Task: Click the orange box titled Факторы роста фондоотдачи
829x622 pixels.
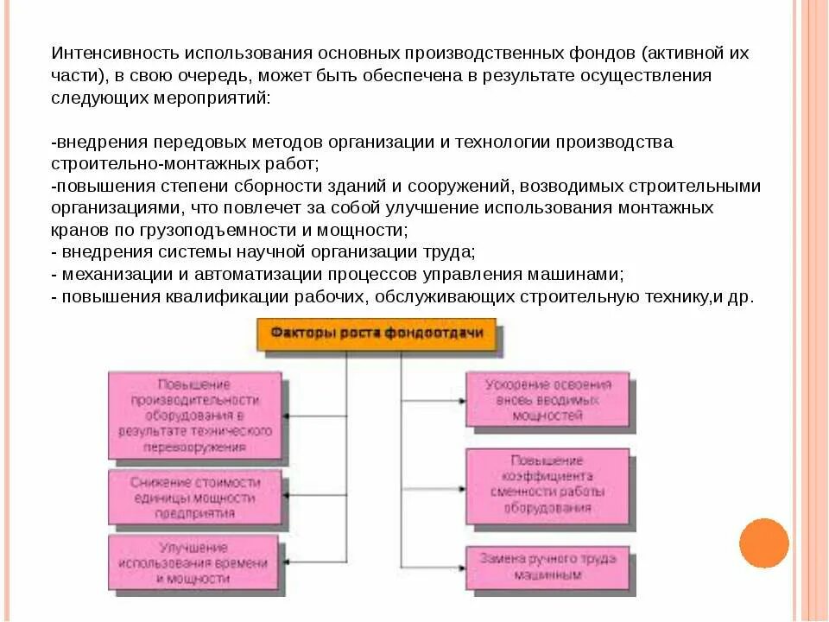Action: [x=377, y=333]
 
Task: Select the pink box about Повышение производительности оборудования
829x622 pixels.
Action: [x=194, y=415]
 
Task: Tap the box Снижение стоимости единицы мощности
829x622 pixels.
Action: [x=195, y=498]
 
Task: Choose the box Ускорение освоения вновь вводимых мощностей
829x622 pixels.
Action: [x=548, y=400]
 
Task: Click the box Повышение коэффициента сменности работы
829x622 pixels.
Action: [x=548, y=485]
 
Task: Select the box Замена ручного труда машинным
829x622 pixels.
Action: [x=548, y=566]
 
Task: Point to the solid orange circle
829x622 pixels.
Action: [x=764, y=543]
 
